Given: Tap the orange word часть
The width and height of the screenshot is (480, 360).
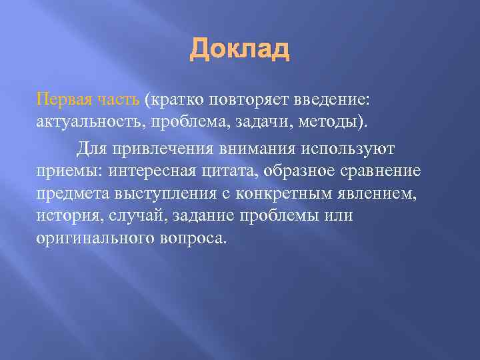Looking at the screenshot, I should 119,99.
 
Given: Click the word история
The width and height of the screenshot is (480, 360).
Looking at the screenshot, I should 64,216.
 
